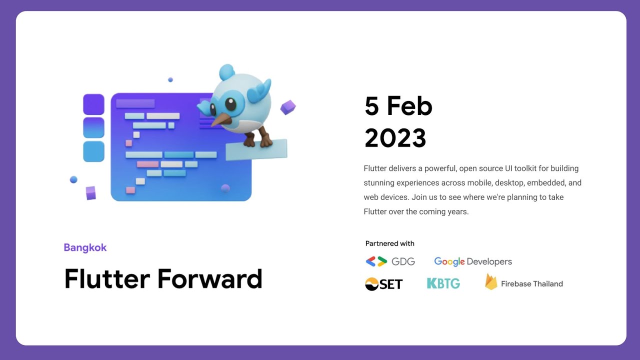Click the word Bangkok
pyautogui.click(x=85, y=247)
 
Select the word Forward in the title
pyautogui.click(x=209, y=279)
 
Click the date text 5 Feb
pyautogui.click(x=398, y=106)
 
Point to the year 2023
pyautogui.click(x=395, y=138)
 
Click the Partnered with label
pyautogui.click(x=389, y=243)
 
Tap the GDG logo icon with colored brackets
pyautogui.click(x=376, y=261)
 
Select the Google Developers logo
pyautogui.click(x=472, y=261)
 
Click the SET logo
pyautogui.click(x=383, y=284)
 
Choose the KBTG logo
pyautogui.click(x=443, y=283)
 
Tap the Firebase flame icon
pyautogui.click(x=491, y=282)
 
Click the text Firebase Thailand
pyautogui.click(x=531, y=284)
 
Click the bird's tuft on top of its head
pyautogui.click(x=227, y=72)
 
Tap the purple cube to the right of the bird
pyautogui.click(x=287, y=107)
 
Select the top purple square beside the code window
pyautogui.click(x=93, y=104)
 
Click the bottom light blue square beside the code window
pyautogui.click(x=93, y=151)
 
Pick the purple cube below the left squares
pyautogui.click(x=90, y=193)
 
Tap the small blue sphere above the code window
pyautogui.click(x=170, y=79)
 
